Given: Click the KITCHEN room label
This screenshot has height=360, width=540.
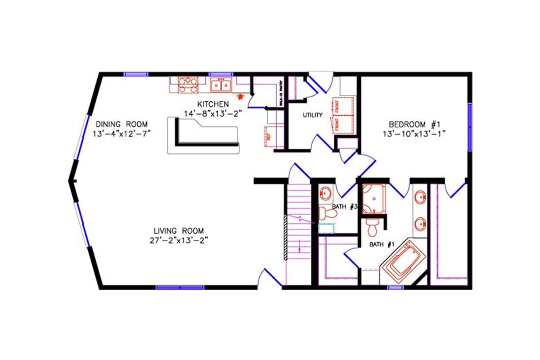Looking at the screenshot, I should [x=213, y=104].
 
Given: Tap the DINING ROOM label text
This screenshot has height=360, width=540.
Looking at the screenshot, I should [x=121, y=124].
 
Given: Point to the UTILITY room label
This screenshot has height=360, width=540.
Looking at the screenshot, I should [x=312, y=115].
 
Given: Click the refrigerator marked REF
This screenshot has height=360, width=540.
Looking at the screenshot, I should [x=270, y=137].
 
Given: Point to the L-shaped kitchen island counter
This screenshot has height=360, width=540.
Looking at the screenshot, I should [x=202, y=137].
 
